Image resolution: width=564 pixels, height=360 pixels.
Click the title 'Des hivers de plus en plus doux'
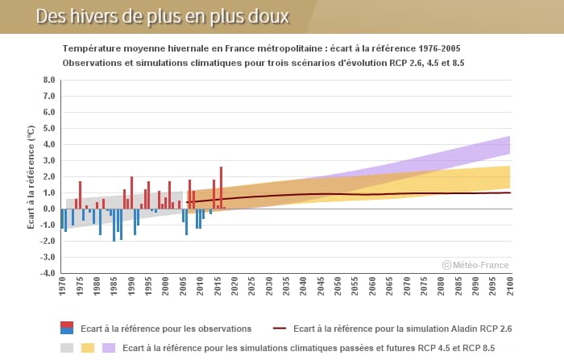click(x=161, y=17)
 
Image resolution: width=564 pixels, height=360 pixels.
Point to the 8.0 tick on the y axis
click(x=48, y=81)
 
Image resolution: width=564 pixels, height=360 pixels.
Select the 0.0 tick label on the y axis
click(x=48, y=209)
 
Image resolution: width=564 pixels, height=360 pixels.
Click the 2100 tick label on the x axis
click(x=511, y=288)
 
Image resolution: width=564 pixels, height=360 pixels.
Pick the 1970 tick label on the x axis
click(x=61, y=288)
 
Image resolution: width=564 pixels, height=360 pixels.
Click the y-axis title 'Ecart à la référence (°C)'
click(x=31, y=177)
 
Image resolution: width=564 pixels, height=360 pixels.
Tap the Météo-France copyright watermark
click(x=475, y=264)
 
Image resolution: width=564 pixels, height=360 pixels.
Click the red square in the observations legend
click(x=67, y=325)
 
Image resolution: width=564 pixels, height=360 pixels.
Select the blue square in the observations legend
click(x=67, y=331)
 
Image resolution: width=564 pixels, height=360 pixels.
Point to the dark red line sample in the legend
click(x=280, y=329)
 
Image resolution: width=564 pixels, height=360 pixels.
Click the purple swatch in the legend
click(x=108, y=348)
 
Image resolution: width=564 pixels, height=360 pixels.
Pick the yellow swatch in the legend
click(x=88, y=348)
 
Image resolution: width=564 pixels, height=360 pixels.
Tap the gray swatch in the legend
click(x=68, y=348)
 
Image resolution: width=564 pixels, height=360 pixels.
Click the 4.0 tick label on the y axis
click(x=48, y=145)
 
